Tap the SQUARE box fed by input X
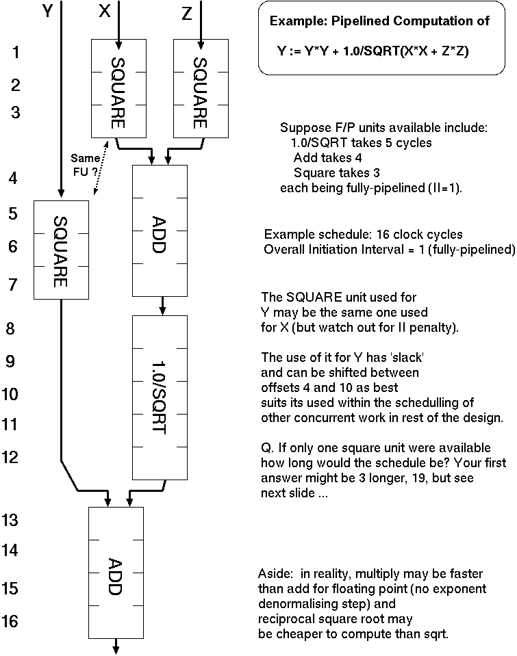point(118,87)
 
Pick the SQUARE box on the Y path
point(61,250)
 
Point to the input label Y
point(47,13)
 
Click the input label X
point(105,13)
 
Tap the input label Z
point(187,13)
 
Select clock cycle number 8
point(10,329)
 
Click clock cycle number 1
point(16,52)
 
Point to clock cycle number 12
point(11,458)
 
